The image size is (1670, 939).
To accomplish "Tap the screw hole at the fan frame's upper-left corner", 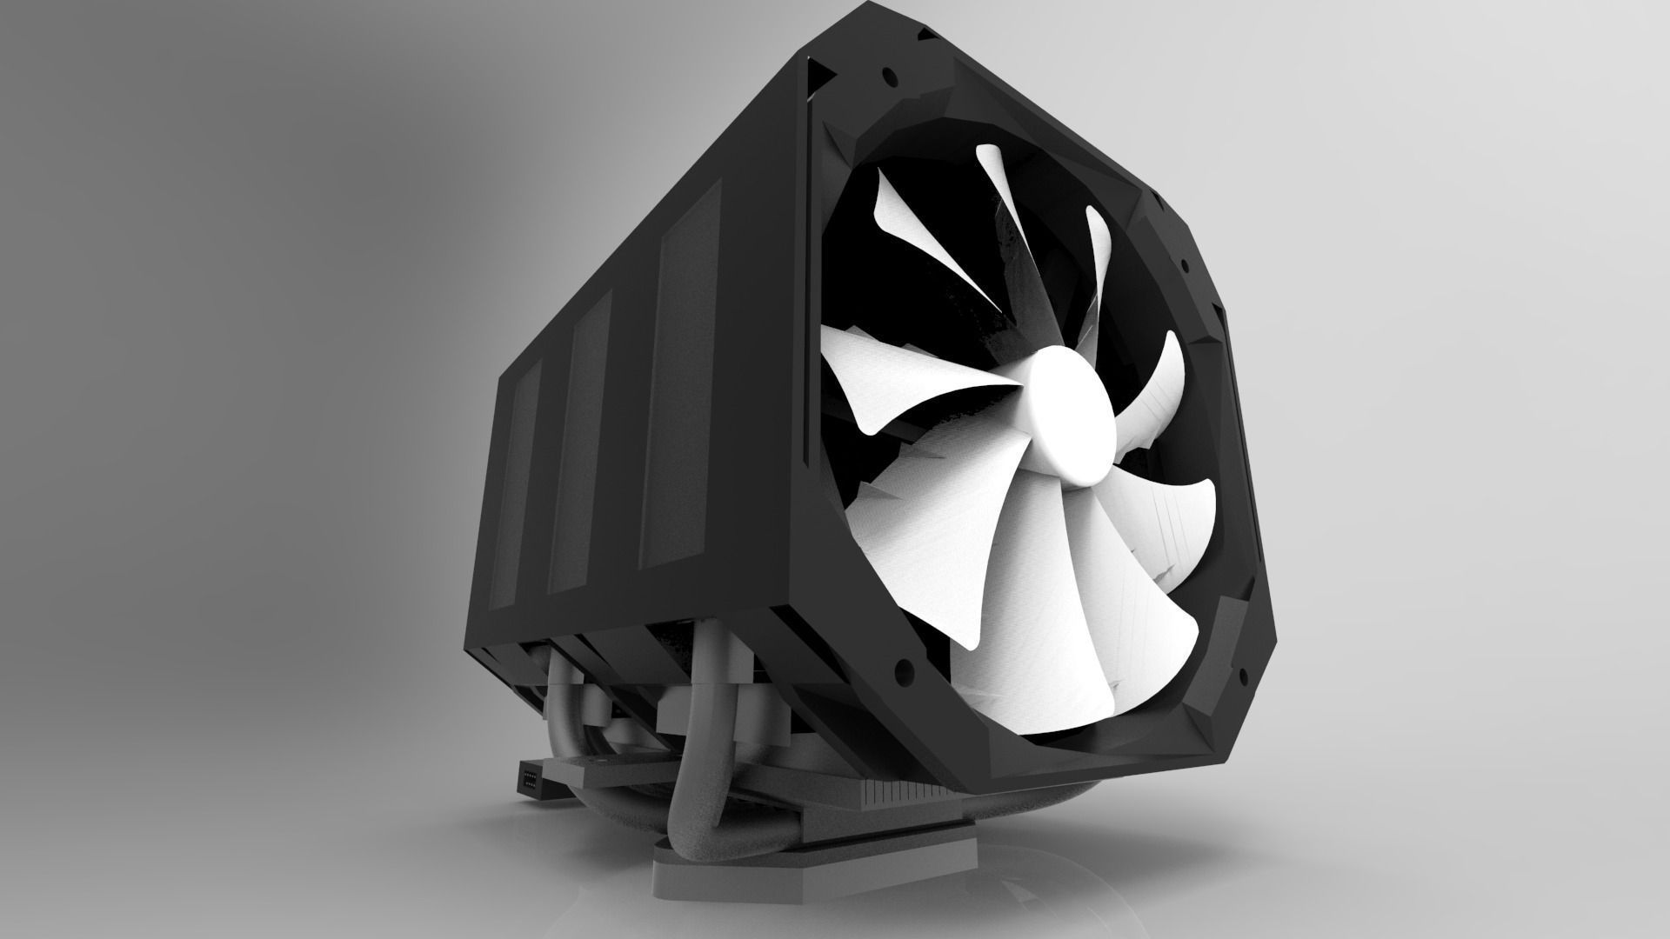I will pyautogui.click(x=888, y=74).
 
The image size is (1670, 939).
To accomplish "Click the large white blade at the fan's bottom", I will pyautogui.click(x=1026, y=626).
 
